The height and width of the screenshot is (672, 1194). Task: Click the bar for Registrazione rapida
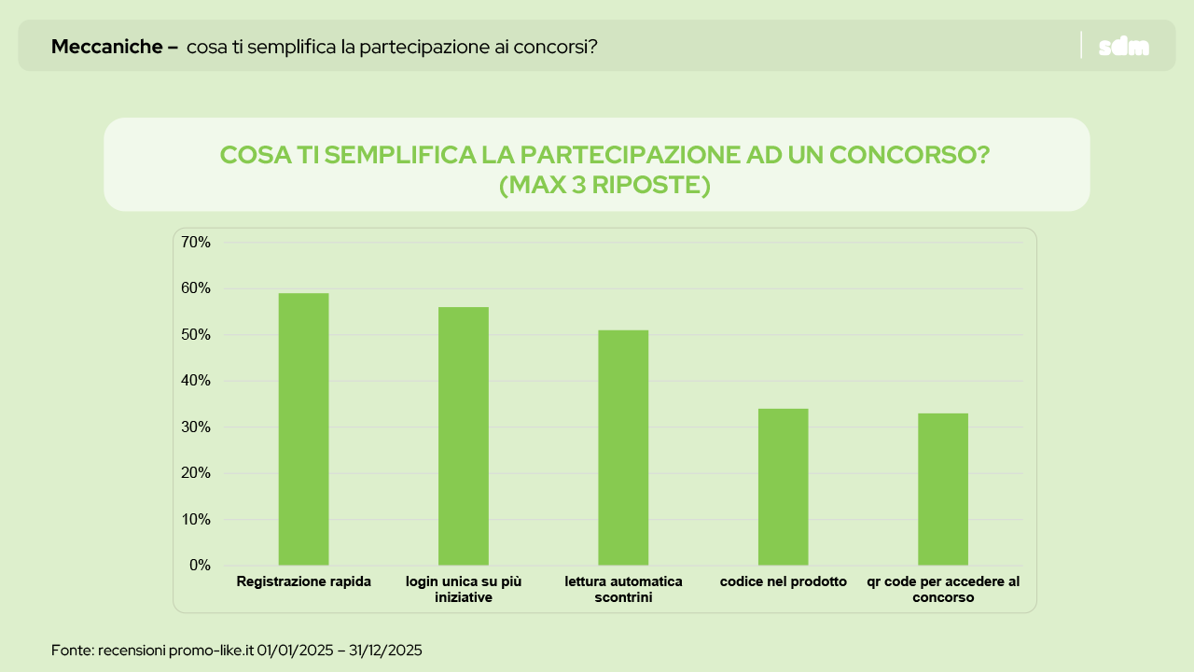pyautogui.click(x=303, y=429)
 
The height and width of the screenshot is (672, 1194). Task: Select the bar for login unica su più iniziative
pyautogui.click(x=464, y=436)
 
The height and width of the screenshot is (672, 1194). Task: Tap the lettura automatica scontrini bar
pyautogui.click(x=623, y=448)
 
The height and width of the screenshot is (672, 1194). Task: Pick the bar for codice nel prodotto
pyautogui.click(x=783, y=486)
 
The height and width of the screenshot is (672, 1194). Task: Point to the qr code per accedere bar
pyautogui.click(x=942, y=489)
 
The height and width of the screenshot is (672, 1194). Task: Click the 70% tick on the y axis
pyautogui.click(x=196, y=243)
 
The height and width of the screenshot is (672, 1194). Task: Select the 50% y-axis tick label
pyautogui.click(x=196, y=335)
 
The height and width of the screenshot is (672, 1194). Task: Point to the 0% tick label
pyautogui.click(x=200, y=566)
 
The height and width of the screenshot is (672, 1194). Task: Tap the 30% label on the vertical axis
pyautogui.click(x=196, y=427)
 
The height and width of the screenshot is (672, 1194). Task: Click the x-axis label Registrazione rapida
pyautogui.click(x=304, y=581)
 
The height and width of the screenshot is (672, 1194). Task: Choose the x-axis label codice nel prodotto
pyautogui.click(x=784, y=581)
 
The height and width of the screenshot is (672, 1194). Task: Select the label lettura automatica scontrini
pyautogui.click(x=623, y=589)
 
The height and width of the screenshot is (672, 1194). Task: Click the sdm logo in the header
pyautogui.click(x=1124, y=47)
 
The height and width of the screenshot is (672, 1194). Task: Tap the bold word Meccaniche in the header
pyautogui.click(x=107, y=47)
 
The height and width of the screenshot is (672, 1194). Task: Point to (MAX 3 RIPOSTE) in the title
pyautogui.click(x=604, y=186)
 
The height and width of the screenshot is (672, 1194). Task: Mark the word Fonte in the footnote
pyautogui.click(x=71, y=650)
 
